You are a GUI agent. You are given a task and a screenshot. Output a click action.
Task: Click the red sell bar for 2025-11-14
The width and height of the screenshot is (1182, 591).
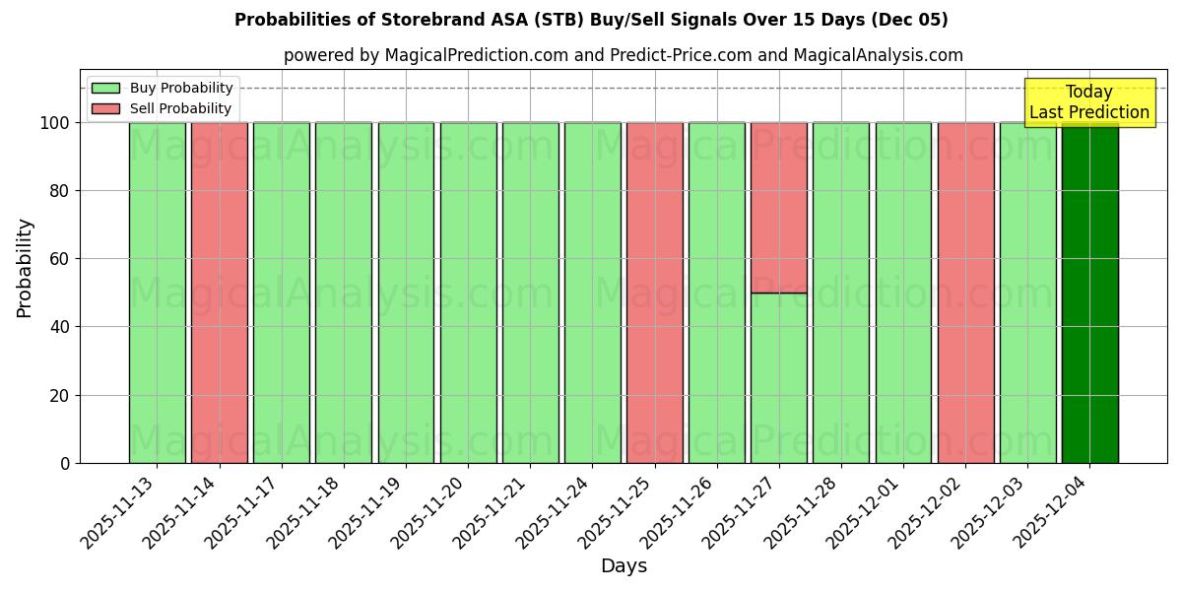coord(219,293)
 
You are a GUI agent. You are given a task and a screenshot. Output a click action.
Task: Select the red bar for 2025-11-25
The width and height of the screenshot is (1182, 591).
coord(654,293)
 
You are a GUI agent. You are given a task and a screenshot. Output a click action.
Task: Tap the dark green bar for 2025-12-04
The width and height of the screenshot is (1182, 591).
coord(1089,293)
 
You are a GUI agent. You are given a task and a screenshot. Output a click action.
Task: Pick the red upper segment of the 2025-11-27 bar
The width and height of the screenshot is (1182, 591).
coord(778,207)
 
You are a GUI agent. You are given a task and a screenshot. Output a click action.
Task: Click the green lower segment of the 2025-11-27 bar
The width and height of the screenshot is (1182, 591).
coord(778,378)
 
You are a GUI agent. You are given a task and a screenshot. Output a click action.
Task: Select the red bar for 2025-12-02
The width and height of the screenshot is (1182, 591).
coord(965,293)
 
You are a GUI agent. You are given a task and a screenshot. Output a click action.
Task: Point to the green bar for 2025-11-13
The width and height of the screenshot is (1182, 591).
coord(157,293)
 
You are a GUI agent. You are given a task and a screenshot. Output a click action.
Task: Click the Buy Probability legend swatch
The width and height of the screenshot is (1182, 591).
coord(105,89)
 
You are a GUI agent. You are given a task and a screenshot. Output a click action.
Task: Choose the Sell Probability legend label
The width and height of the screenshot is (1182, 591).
coord(180,109)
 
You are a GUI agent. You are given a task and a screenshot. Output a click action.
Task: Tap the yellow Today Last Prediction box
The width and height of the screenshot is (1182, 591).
coord(1088,102)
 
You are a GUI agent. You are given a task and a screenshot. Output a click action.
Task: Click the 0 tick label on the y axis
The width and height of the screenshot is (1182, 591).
coord(65,463)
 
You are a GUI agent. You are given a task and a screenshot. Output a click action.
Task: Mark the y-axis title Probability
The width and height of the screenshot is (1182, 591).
coord(25,267)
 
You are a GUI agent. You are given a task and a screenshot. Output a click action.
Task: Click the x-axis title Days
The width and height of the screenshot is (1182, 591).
coord(624,566)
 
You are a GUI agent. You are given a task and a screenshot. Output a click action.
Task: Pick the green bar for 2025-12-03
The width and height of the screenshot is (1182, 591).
coord(1027,293)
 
